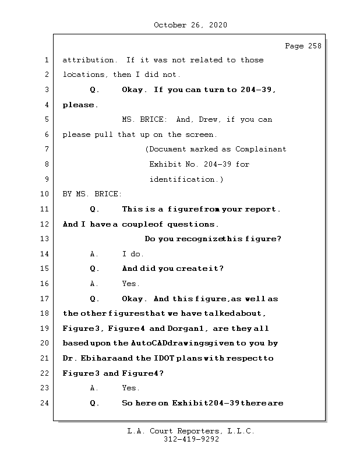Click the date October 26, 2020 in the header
[190, 25]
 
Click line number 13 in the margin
[46, 239]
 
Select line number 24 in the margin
[46, 403]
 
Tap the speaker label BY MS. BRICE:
[93, 194]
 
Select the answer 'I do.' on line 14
[133, 254]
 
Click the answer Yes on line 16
[130, 284]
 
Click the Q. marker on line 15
[95, 269]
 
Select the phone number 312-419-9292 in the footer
[191, 440]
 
